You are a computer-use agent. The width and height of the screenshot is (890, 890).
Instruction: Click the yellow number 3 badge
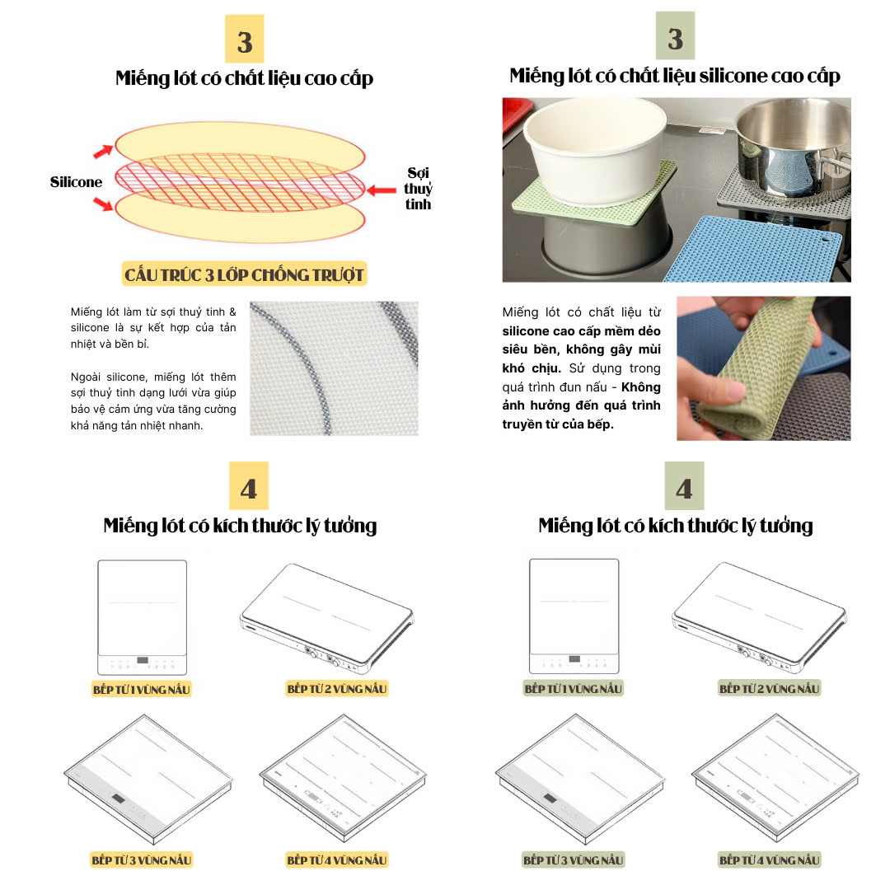[245, 40]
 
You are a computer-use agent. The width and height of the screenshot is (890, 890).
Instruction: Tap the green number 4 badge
[684, 486]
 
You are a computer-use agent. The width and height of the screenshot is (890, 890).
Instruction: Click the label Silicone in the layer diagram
[76, 182]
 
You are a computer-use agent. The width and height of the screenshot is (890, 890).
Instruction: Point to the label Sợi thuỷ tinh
[419, 189]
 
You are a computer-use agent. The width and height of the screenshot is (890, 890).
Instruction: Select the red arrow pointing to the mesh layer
[382, 190]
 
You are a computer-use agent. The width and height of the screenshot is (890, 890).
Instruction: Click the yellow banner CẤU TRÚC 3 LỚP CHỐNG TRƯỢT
[244, 274]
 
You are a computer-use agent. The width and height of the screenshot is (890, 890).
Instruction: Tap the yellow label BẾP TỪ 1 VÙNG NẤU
[142, 690]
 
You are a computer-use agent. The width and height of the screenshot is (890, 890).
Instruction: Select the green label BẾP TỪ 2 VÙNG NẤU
[769, 688]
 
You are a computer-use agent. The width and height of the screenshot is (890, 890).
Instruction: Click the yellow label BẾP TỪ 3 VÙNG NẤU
[142, 860]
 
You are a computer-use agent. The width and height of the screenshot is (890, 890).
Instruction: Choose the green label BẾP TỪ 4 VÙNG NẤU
[769, 860]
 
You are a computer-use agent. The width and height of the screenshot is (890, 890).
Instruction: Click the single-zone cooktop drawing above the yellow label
[142, 617]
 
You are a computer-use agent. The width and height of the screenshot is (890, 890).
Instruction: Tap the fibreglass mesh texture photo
[334, 368]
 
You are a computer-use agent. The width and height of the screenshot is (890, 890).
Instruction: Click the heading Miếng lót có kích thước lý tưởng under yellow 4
[240, 526]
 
